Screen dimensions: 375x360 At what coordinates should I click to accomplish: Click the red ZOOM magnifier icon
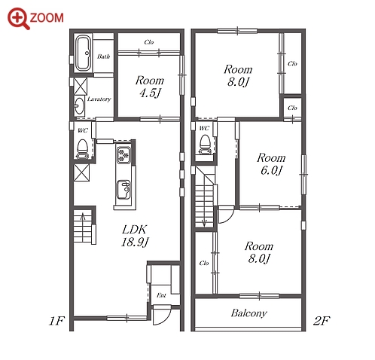[18, 18]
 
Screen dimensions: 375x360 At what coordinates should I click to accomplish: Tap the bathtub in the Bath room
[83, 53]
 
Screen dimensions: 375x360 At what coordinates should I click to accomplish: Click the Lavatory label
[99, 99]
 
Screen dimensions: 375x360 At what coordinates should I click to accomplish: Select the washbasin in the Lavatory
[80, 106]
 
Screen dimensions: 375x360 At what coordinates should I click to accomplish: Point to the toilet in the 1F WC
[82, 149]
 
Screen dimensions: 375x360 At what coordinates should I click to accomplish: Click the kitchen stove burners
[123, 155]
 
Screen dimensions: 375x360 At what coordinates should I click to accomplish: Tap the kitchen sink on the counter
[123, 190]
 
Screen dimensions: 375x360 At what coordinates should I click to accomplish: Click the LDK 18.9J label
[135, 236]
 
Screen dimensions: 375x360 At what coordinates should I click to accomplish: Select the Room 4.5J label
[150, 87]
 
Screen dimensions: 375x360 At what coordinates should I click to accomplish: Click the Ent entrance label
[161, 295]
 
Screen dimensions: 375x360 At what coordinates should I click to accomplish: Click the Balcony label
[248, 313]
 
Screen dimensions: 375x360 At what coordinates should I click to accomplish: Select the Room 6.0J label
[271, 164]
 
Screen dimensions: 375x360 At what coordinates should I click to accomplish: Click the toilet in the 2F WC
[206, 145]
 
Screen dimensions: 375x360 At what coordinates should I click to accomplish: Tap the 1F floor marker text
[56, 321]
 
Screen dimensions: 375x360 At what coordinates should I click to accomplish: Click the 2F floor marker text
[322, 321]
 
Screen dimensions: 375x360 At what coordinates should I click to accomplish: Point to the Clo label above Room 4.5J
[149, 42]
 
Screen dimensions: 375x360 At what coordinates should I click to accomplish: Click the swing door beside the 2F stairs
[227, 214]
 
